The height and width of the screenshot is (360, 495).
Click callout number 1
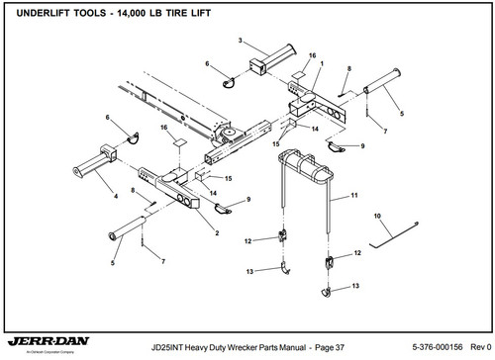pyautogui.click(x=321, y=63)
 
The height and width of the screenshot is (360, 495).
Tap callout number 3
pyautogui.click(x=240, y=40)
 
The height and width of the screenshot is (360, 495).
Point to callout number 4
pyautogui.click(x=118, y=197)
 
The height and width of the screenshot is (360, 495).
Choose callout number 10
pyautogui.click(x=377, y=215)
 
